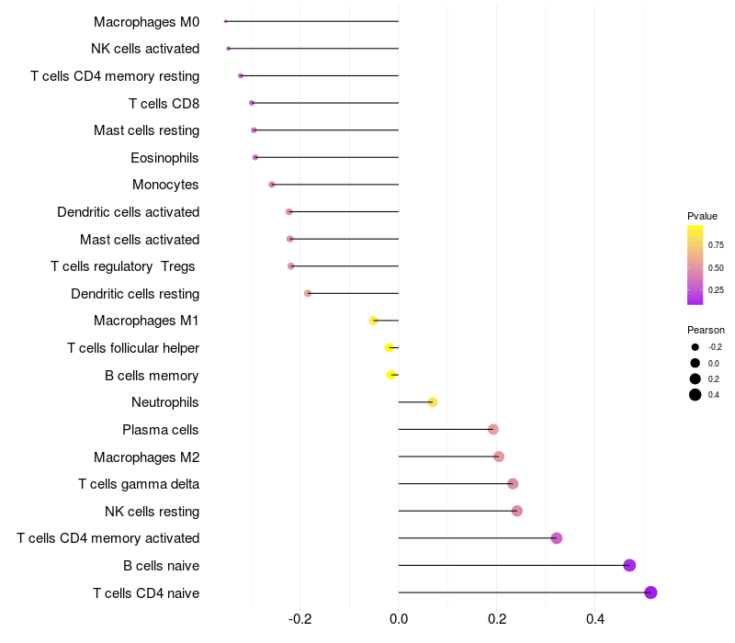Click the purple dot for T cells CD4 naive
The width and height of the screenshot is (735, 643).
650,592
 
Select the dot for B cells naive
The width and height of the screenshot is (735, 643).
629,565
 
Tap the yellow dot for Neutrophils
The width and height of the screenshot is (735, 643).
433,402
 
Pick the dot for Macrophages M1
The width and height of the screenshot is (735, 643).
373,321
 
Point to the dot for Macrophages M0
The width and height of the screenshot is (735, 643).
225,21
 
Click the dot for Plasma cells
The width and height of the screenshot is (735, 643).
493,429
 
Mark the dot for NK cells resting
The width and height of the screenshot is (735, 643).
516,511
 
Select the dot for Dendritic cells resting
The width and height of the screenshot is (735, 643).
308,293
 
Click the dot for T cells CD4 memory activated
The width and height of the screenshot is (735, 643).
556,538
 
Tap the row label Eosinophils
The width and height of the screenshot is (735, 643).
164,158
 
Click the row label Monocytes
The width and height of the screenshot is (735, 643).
165,185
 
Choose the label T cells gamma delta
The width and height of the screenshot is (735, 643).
139,484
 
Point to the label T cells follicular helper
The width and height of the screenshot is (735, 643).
133,348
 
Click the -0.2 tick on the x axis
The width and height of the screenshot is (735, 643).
300,620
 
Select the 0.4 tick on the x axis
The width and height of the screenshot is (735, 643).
594,620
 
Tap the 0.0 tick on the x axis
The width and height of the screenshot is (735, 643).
399,620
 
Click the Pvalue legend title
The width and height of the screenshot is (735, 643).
702,216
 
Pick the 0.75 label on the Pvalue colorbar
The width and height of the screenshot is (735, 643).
716,245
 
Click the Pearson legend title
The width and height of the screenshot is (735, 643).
706,330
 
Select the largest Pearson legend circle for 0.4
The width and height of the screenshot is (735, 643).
695,395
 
